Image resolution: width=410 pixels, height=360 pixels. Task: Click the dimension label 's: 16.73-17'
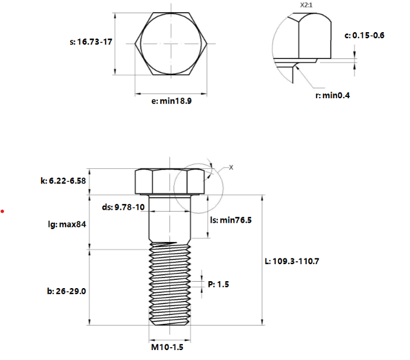[x=91, y=42]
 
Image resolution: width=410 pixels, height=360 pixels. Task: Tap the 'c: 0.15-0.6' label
[x=364, y=36]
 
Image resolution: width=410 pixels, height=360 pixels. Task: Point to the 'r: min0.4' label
[x=332, y=95]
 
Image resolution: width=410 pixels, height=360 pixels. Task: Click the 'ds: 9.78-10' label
[x=123, y=207]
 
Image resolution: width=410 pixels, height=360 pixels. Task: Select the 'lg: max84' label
[x=67, y=224]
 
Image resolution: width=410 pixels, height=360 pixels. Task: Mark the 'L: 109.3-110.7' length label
[x=292, y=261]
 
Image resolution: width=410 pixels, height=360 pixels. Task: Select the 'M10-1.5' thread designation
[x=168, y=347]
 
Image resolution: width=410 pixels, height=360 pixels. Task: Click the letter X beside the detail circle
[x=231, y=168]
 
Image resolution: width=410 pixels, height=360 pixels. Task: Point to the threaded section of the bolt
[x=170, y=286]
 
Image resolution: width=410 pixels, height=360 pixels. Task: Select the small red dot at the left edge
[x=3, y=211]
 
